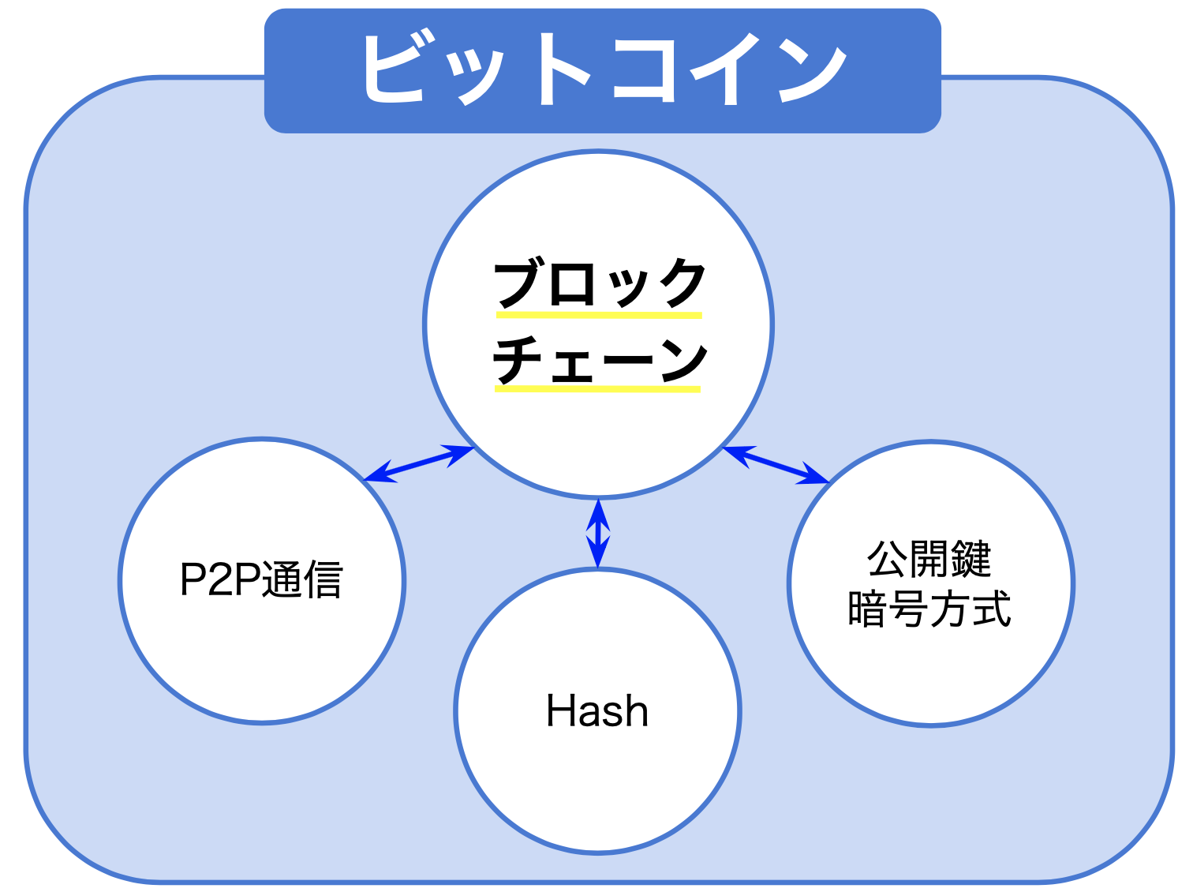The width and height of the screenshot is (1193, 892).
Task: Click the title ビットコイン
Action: point(602,69)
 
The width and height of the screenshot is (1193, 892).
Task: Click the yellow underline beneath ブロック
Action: point(599,315)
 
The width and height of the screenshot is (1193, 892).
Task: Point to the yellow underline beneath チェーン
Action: point(597,389)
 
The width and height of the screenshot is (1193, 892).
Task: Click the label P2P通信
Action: point(261,580)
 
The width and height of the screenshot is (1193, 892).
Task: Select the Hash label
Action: point(597,711)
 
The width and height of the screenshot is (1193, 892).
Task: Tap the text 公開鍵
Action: point(929,559)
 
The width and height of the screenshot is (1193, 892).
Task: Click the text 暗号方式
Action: point(929,609)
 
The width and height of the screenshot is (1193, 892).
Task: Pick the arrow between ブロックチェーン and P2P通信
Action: point(418,463)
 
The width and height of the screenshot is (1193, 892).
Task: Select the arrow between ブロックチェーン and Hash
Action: point(598,533)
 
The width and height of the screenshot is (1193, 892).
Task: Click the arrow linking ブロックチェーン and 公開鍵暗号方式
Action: point(776,464)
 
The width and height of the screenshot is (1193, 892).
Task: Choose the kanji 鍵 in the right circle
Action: point(970,559)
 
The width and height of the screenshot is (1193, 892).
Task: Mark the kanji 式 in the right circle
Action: point(991,609)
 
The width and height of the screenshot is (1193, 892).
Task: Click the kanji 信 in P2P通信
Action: point(323,580)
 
